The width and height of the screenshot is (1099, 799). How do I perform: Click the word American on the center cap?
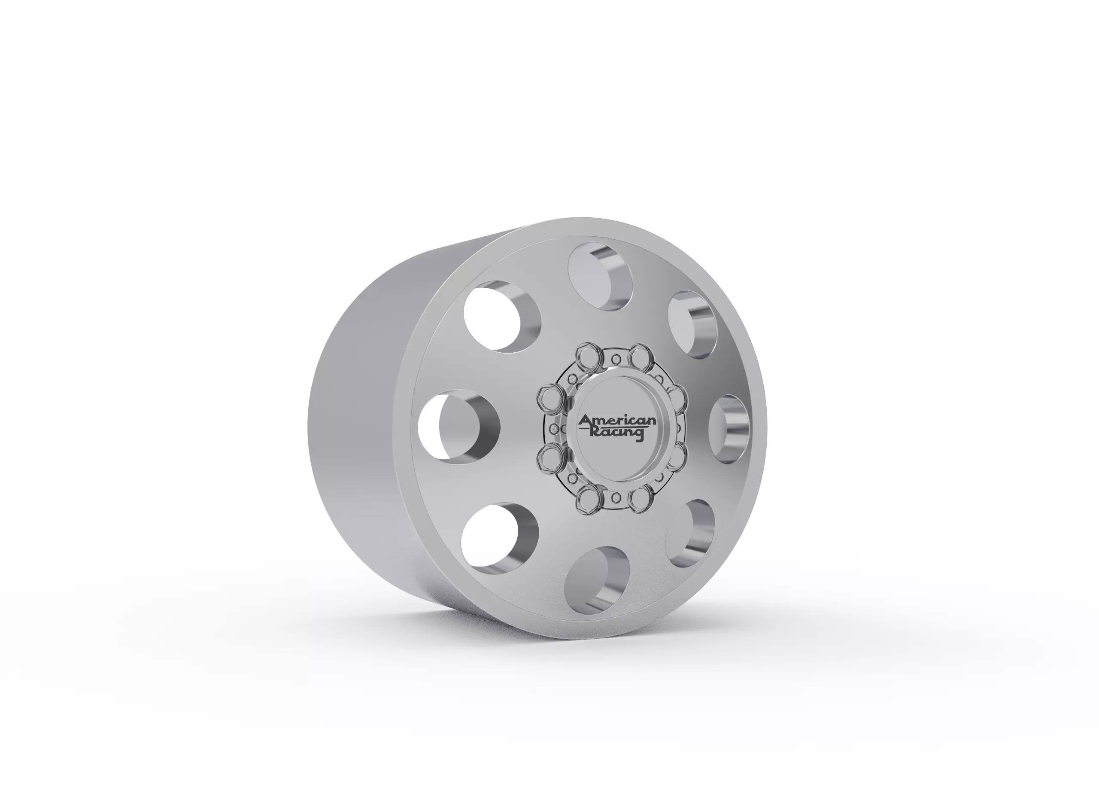click(x=617, y=421)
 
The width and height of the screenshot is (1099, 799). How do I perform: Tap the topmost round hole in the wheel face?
click(x=601, y=276)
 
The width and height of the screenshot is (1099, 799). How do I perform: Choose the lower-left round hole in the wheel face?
click(x=499, y=539)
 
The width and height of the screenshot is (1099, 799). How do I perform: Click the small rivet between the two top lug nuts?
click(x=616, y=359)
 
